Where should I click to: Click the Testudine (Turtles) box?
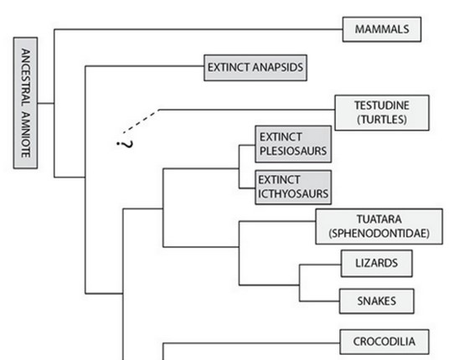(381, 113)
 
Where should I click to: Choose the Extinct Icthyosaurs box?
(291, 185)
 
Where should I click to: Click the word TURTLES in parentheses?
(381, 120)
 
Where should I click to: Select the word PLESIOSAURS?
(291, 152)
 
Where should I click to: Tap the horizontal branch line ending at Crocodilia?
(251, 341)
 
